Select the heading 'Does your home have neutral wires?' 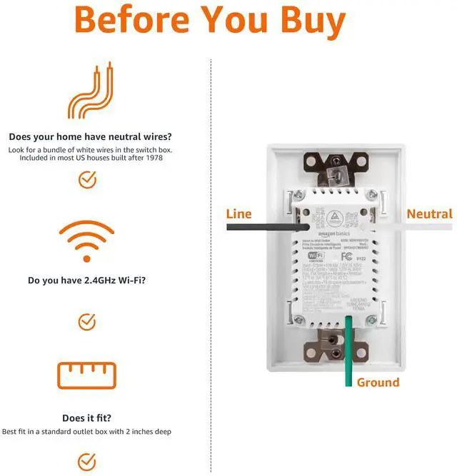pos(90,136)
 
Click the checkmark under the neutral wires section pos(87,180)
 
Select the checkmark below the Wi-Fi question pos(87,321)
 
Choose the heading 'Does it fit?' pos(86,418)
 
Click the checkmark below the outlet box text pos(87,460)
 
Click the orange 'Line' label pos(238,213)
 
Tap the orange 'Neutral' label pos(429,213)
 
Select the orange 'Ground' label pos(378,383)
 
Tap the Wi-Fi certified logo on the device pos(315,255)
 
